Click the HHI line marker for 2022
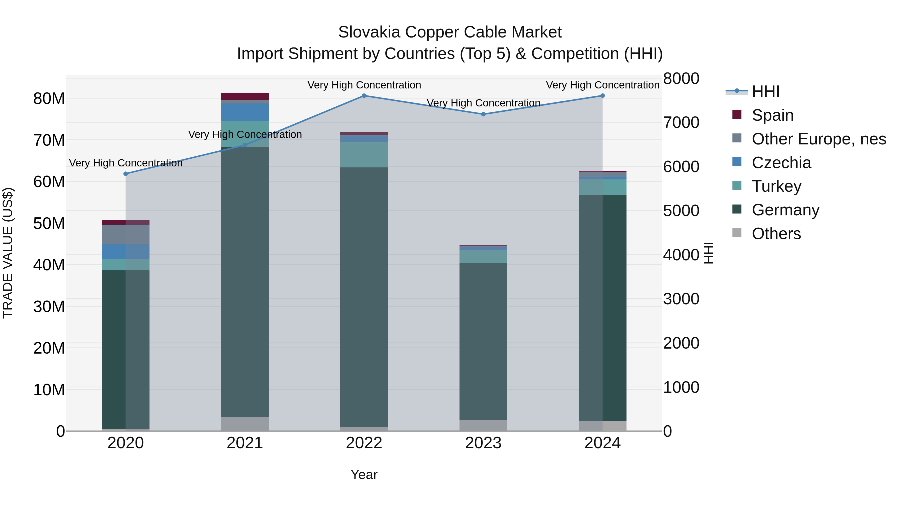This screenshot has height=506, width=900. coord(364,96)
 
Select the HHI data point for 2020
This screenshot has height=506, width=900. coord(126,174)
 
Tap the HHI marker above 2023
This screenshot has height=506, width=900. coord(483,114)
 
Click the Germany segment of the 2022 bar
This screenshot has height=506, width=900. coord(364,297)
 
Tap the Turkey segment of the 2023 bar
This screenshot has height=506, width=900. coord(483,257)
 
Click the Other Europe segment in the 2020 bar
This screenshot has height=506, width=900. coord(126,234)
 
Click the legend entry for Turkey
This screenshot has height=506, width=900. coord(776,186)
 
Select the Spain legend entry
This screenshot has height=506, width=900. coord(772,115)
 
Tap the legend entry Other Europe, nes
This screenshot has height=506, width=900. coord(818,139)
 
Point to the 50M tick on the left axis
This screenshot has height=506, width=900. coord(49,223)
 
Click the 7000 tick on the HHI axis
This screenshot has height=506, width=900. coord(681,123)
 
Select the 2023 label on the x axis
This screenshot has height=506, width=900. coord(483,443)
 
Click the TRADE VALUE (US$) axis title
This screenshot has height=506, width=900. coord(8,253)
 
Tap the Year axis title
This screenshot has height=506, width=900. coord(364,475)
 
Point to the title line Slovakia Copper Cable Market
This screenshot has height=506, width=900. coord(450,32)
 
